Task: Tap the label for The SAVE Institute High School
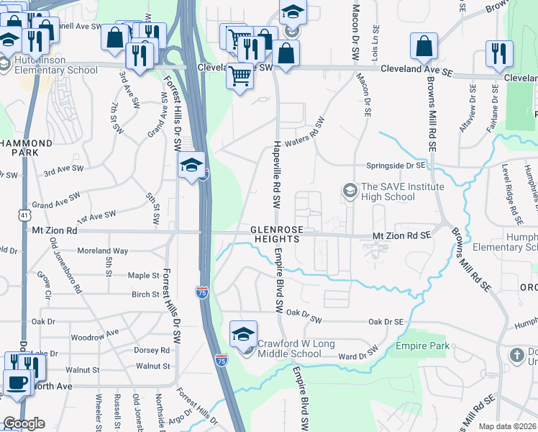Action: [392, 192]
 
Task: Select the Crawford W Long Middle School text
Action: [289, 348]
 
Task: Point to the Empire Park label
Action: [422, 346]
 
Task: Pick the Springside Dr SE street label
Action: [396, 165]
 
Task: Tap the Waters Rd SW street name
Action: [305, 142]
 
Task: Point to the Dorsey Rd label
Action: [152, 351]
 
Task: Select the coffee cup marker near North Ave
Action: [18, 382]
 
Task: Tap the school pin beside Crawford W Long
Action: [244, 333]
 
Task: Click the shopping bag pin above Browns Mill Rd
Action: [424, 45]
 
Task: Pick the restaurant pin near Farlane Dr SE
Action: [498, 53]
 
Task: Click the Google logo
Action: [24, 423]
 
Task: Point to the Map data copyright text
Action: [507, 426]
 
